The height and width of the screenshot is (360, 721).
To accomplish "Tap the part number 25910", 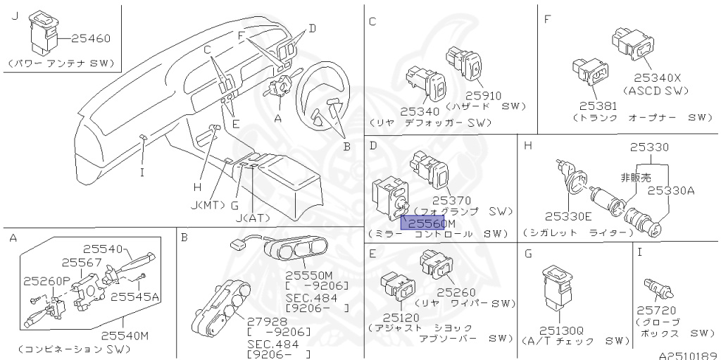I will click(487, 94).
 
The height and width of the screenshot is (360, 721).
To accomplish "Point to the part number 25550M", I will click(308, 273).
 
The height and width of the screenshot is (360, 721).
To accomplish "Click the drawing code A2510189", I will click(687, 354).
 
